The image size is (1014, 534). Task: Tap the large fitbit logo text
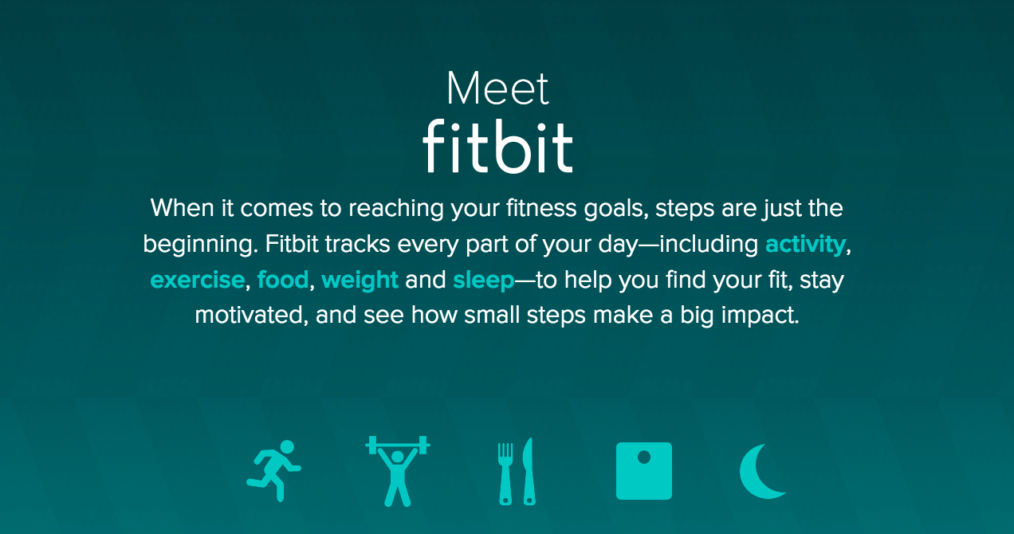coord(497,146)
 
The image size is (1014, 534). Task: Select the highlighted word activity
coord(805,245)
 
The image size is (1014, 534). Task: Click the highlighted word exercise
coord(198,280)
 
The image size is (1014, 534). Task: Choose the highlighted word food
coord(283,279)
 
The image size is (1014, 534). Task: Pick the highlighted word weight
coord(360,281)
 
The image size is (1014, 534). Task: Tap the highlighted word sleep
coord(483,281)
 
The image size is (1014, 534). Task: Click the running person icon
coord(274,471)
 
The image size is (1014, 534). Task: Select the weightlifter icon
coord(398,471)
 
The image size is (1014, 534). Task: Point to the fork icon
coord(505,473)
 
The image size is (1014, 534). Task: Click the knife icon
coord(529,471)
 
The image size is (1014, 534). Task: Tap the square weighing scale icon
coord(643,471)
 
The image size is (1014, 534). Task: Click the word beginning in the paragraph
coord(201,245)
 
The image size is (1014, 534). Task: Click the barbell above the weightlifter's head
coord(398,446)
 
